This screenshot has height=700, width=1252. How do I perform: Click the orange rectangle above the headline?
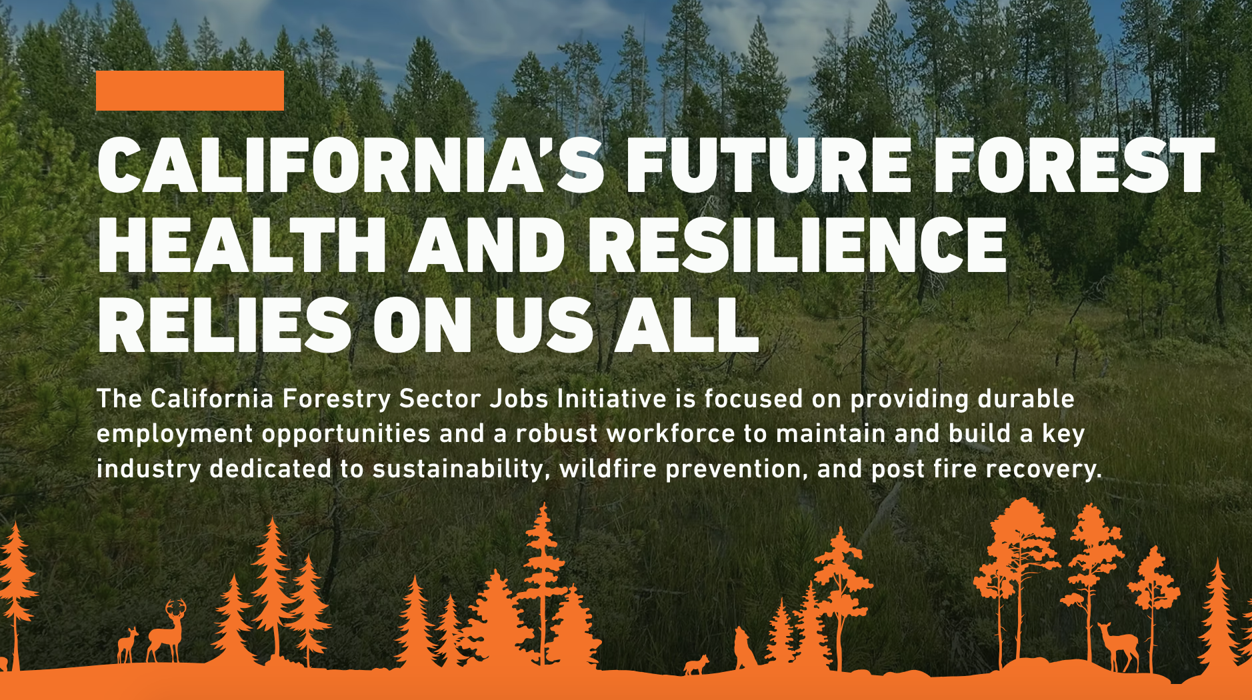coord(190,91)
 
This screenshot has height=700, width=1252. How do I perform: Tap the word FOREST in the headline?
coord(1073,165)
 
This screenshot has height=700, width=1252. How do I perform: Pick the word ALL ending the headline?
coord(687,325)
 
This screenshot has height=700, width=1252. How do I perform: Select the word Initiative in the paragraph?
coord(612,399)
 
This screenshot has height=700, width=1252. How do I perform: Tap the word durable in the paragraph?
coord(1026,399)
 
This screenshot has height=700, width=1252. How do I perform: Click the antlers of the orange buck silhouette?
coord(176,608)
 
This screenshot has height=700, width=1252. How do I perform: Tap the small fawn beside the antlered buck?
coord(127,645)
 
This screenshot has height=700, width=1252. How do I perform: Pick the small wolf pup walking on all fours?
coord(697,665)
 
